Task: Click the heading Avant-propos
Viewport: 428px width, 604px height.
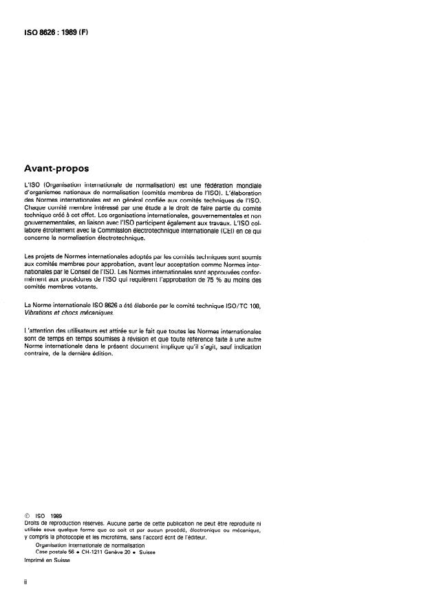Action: pos(63,167)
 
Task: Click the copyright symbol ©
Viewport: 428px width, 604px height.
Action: pos(27,514)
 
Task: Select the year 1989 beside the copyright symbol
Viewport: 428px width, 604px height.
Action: pos(57,514)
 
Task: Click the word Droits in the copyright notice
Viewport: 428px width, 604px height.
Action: pos(32,521)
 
